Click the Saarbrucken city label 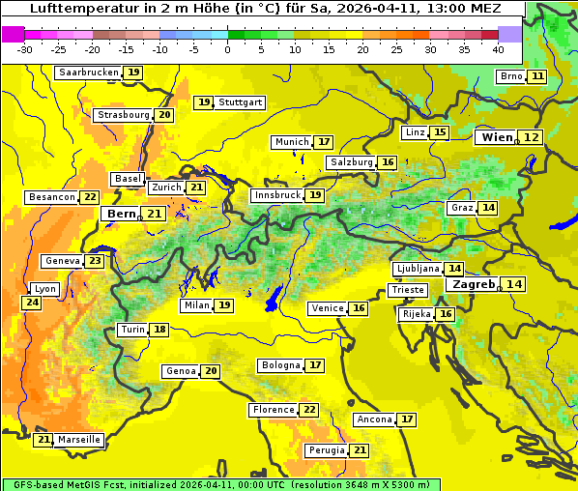[x=88, y=72]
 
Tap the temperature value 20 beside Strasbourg [x=164, y=115]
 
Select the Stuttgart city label [x=240, y=101]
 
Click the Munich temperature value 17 [x=324, y=142]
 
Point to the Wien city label [x=498, y=137]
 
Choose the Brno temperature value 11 [x=537, y=76]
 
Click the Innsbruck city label [x=277, y=195]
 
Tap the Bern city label [x=121, y=214]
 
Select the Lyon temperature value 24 [x=32, y=303]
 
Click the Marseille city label [x=79, y=440]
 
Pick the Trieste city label [x=407, y=290]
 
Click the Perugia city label [x=325, y=450]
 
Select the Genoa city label [x=181, y=371]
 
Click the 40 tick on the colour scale [x=498, y=49]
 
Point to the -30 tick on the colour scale [x=25, y=49]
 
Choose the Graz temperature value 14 [x=488, y=208]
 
